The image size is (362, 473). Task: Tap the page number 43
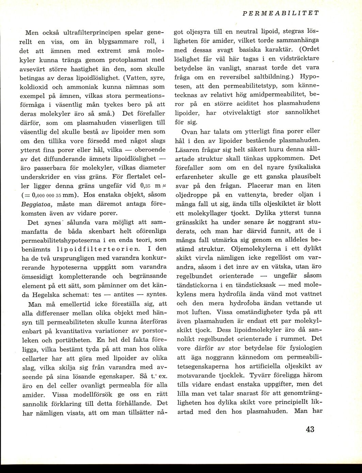point(310,429)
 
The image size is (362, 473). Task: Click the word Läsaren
point(189,150)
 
